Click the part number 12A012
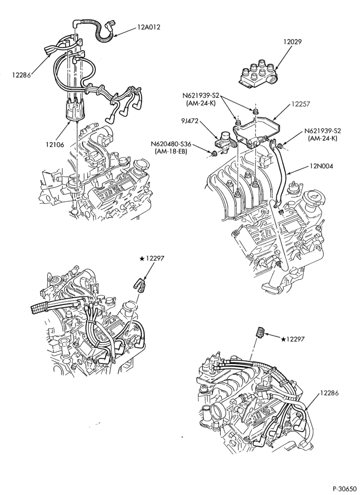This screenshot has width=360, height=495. click(x=148, y=27)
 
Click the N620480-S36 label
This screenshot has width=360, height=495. click(x=171, y=145)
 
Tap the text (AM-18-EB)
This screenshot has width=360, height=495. click(x=171, y=152)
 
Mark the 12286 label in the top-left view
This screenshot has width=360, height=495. click(x=21, y=75)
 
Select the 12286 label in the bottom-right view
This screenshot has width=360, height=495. click(x=329, y=393)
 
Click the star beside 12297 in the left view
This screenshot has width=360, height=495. click(x=142, y=259)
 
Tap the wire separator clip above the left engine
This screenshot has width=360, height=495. click(x=138, y=283)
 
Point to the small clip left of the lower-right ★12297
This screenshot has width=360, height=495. click(x=261, y=332)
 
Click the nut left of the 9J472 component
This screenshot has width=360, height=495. click(x=214, y=154)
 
